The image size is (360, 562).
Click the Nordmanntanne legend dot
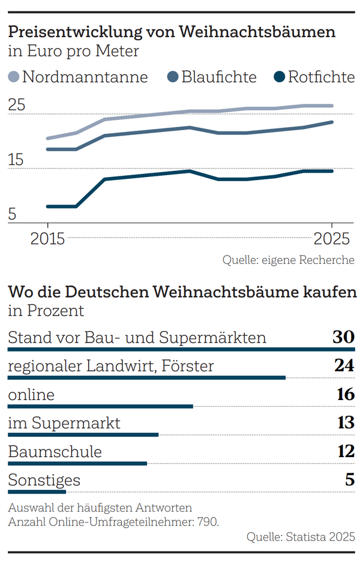[14, 77]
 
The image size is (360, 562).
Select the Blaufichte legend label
[219, 77]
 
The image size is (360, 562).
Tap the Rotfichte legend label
[321, 77]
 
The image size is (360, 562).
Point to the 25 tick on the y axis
[17, 106]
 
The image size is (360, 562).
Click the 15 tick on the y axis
[17, 161]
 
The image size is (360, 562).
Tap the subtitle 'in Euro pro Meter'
[73, 52]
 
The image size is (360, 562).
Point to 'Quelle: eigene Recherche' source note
[288, 260]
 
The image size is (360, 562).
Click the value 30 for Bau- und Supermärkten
[344, 338]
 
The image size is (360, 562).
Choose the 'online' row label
[31, 395]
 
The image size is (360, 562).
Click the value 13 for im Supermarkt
[345, 423]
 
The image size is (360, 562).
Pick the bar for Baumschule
[77, 464]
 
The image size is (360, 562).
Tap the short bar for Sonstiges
[37, 492]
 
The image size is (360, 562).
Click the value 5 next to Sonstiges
[350, 480]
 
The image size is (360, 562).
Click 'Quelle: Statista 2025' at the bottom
[301, 537]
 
